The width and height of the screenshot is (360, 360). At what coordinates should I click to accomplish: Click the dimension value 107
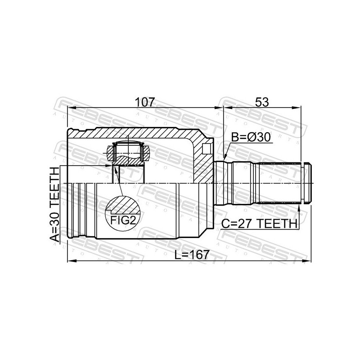click(x=145, y=102)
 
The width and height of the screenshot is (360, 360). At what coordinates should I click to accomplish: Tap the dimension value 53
click(x=262, y=102)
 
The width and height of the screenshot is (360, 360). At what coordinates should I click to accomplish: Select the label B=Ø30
click(x=251, y=137)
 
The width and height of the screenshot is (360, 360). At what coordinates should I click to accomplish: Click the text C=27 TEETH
click(x=259, y=223)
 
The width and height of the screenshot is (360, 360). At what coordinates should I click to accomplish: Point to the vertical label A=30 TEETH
click(x=54, y=204)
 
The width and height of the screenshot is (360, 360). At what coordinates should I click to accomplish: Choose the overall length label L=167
click(x=192, y=255)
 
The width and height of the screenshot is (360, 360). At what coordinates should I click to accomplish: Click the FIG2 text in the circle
click(x=123, y=220)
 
